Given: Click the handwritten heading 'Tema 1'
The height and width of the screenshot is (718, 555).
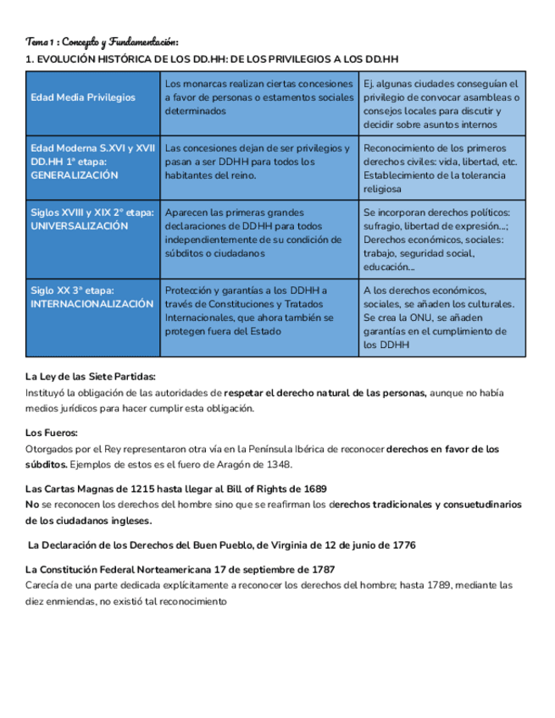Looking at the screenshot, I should [x=42, y=41].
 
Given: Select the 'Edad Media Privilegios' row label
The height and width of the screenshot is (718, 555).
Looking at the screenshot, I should [x=82, y=97].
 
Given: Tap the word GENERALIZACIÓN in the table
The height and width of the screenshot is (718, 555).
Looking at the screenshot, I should [x=74, y=175].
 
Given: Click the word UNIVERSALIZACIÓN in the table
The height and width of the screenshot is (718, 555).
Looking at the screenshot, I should [x=79, y=226].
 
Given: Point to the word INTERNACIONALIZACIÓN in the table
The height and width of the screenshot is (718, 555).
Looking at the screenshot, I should [x=92, y=303].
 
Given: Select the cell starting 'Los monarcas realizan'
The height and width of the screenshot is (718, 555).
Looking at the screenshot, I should [x=258, y=97].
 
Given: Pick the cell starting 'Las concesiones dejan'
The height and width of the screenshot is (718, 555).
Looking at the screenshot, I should [x=258, y=161].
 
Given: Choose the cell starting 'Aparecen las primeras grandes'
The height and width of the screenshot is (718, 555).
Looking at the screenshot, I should [x=258, y=233].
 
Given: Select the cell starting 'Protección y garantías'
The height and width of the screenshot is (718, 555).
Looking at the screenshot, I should [x=258, y=311].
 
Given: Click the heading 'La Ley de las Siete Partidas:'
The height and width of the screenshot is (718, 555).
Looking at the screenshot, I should [x=91, y=377].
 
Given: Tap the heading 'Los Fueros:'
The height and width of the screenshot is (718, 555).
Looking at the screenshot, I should [x=52, y=433].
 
